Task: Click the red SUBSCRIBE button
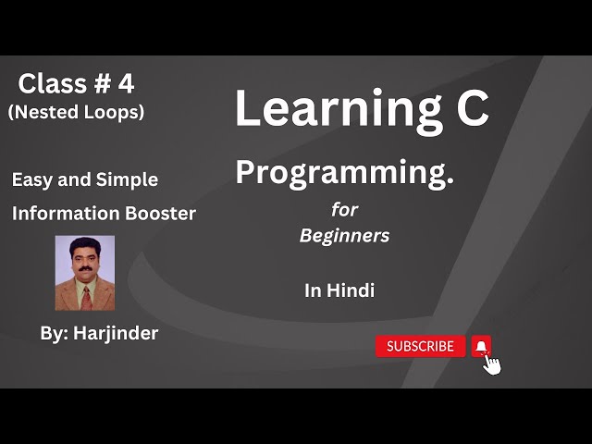point(420,346)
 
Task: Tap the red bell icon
point(481,346)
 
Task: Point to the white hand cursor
point(491,364)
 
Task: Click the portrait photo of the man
point(85,272)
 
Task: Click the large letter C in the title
point(472,108)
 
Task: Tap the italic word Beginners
point(344,236)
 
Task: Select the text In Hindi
point(339,290)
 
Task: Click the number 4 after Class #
point(125,84)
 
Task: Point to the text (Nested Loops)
point(76,112)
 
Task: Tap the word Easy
point(31,180)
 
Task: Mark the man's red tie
point(86,296)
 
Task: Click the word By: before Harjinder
point(55,333)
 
